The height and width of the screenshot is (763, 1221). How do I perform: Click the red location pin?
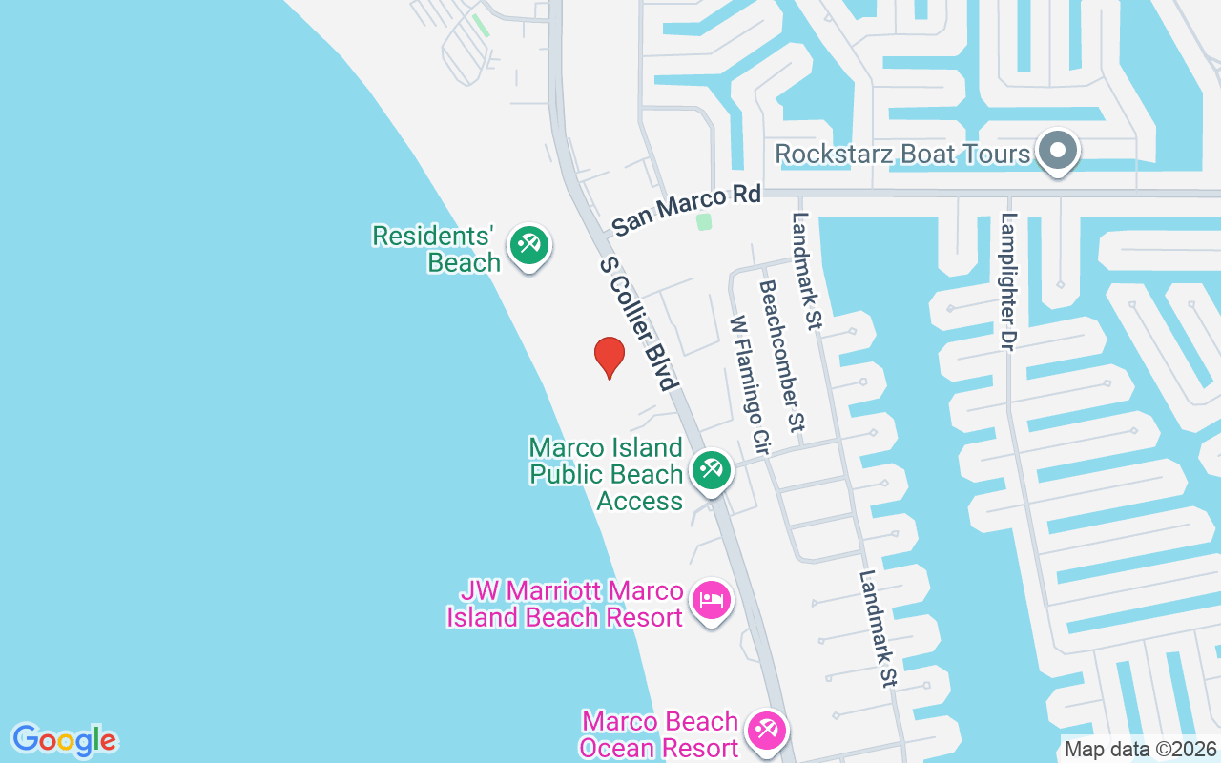[x=609, y=358]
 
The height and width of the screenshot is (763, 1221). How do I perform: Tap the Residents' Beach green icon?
[x=528, y=245]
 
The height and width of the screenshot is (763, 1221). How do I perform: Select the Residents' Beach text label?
[x=437, y=249]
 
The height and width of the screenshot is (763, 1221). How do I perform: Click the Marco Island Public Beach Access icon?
[x=711, y=470]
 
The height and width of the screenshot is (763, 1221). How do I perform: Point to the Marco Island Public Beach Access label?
[x=608, y=474]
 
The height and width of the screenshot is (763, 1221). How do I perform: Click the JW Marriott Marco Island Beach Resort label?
[x=565, y=604]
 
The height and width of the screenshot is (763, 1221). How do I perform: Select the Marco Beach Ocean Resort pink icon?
[x=765, y=732]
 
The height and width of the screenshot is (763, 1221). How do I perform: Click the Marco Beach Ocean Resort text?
[x=659, y=734]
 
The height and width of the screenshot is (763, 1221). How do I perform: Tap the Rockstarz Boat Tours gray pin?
[x=1057, y=151]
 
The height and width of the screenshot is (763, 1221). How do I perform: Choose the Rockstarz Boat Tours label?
[x=902, y=154]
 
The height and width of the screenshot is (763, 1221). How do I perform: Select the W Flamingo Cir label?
[x=749, y=384]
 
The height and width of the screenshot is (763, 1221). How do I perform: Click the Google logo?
[x=65, y=740]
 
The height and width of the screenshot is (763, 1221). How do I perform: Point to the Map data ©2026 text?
[x=1140, y=749]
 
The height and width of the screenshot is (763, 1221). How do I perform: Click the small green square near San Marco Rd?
[x=704, y=221]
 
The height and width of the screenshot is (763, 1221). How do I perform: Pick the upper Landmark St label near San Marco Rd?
[x=806, y=271]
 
